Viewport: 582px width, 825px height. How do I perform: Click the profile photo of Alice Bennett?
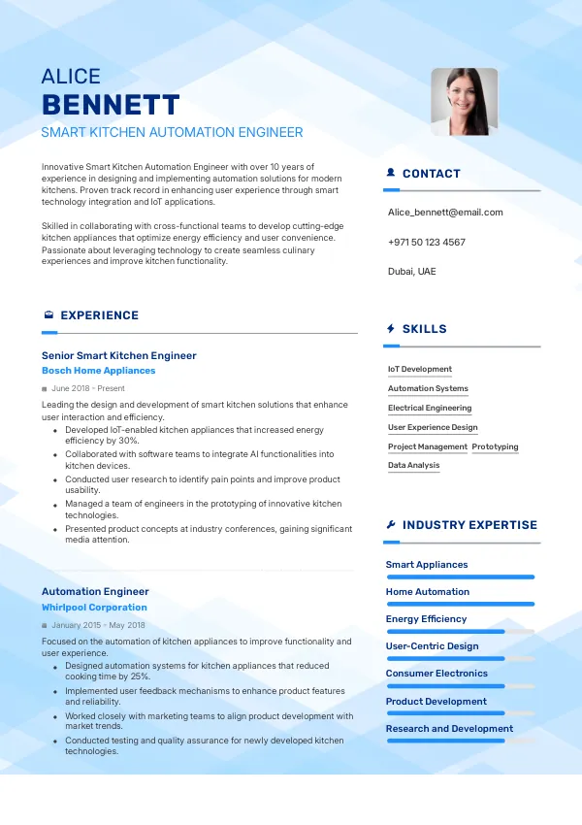pos(464,101)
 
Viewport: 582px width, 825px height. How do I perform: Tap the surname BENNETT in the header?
pos(111,105)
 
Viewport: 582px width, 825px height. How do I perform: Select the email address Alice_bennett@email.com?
pos(445,212)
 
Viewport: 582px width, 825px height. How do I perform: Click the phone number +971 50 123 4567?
pos(426,242)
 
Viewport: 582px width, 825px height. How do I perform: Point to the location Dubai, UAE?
pos(411,271)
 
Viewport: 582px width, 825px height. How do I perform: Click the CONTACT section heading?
pos(431,174)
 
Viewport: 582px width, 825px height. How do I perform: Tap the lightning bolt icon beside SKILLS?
pos(391,329)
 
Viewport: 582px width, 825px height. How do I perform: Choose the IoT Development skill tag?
pos(420,369)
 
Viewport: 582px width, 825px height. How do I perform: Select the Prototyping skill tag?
pos(495,446)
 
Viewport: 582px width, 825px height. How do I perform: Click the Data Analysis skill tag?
pos(413,465)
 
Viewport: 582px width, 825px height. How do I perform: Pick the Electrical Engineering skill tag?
pos(430,408)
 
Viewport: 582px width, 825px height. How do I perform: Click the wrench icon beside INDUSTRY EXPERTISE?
pos(391,525)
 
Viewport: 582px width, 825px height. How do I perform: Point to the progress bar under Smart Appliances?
pos(460,577)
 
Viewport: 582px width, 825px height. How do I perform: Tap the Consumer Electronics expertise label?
pos(436,673)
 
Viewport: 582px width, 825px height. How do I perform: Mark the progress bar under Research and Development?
pos(445,741)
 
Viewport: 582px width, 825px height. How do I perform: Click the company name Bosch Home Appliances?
pos(98,371)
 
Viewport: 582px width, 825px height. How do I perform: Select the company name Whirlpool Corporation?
pos(94,608)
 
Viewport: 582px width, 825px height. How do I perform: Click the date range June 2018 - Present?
pos(88,388)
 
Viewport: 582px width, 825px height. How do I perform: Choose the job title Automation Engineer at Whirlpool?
pos(95,591)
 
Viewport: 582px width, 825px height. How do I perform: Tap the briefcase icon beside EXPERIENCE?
pos(48,315)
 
